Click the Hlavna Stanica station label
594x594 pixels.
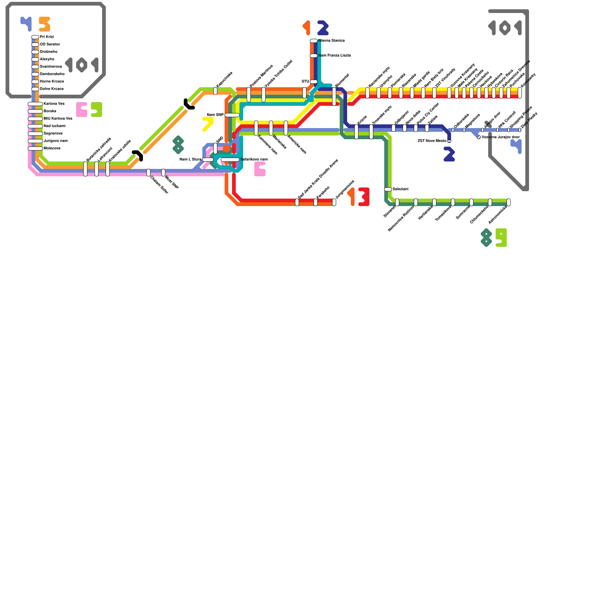pyautogui.click(x=331, y=40)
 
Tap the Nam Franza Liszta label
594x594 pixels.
pyautogui.click(x=334, y=55)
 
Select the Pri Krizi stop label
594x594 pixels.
pyautogui.click(x=47, y=37)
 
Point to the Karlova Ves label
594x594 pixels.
pyautogui.click(x=54, y=104)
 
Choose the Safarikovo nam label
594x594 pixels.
pyautogui.click(x=254, y=159)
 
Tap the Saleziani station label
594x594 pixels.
pyautogui.click(x=400, y=189)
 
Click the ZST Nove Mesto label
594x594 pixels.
pyautogui.click(x=432, y=141)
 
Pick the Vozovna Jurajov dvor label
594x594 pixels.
pyautogui.click(x=500, y=137)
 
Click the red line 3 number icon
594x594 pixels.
pyautogui.click(x=364, y=197)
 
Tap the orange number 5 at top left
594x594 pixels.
pyautogui.click(x=45, y=24)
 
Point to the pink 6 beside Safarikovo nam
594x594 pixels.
pyautogui.click(x=260, y=169)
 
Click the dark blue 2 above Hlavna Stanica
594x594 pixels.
pyautogui.click(x=323, y=28)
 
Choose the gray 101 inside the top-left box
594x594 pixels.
pyautogui.click(x=82, y=65)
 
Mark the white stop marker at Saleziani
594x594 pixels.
pyautogui.click(x=388, y=189)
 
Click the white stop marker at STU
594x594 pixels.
pyautogui.click(x=314, y=82)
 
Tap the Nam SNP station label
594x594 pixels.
pyautogui.click(x=215, y=115)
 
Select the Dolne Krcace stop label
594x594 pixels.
pyautogui.click(x=52, y=89)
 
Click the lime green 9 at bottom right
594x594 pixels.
pyautogui.click(x=501, y=238)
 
